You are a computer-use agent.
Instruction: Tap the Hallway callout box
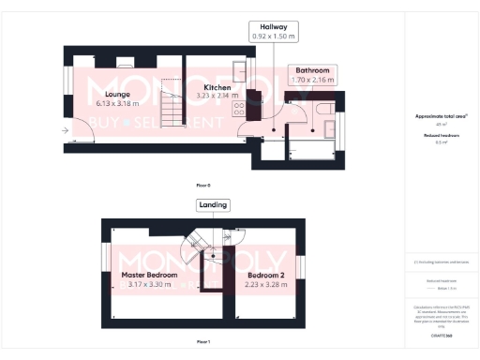click(273, 31)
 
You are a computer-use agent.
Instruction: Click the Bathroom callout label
click(310, 70)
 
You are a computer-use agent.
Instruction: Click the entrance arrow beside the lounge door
click(66, 131)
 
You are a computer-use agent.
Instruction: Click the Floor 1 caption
click(203, 342)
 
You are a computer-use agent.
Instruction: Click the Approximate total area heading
click(441, 116)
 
